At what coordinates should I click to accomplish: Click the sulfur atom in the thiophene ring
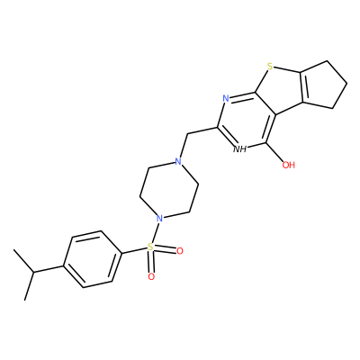270,67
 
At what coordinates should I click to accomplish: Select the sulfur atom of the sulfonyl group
150,247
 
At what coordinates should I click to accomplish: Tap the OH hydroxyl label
289,165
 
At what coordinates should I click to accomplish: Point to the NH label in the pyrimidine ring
239,148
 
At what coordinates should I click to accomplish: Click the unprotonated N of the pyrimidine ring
226,98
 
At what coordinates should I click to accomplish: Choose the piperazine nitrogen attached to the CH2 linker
178,162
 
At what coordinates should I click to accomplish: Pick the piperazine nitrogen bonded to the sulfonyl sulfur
160,218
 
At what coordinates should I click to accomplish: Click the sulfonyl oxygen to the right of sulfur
179,251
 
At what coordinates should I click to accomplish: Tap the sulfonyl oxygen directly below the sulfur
151,276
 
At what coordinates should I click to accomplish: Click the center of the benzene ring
93,259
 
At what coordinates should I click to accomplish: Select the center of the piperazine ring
169,190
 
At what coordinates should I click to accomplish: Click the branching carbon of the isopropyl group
33,273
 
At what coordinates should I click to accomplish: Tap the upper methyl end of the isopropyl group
13,249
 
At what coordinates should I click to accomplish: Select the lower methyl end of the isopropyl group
24,300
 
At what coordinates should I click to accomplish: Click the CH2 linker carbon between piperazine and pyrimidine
187,134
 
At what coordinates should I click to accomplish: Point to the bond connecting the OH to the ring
274,152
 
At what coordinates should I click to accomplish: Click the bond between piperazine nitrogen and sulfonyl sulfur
156,232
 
